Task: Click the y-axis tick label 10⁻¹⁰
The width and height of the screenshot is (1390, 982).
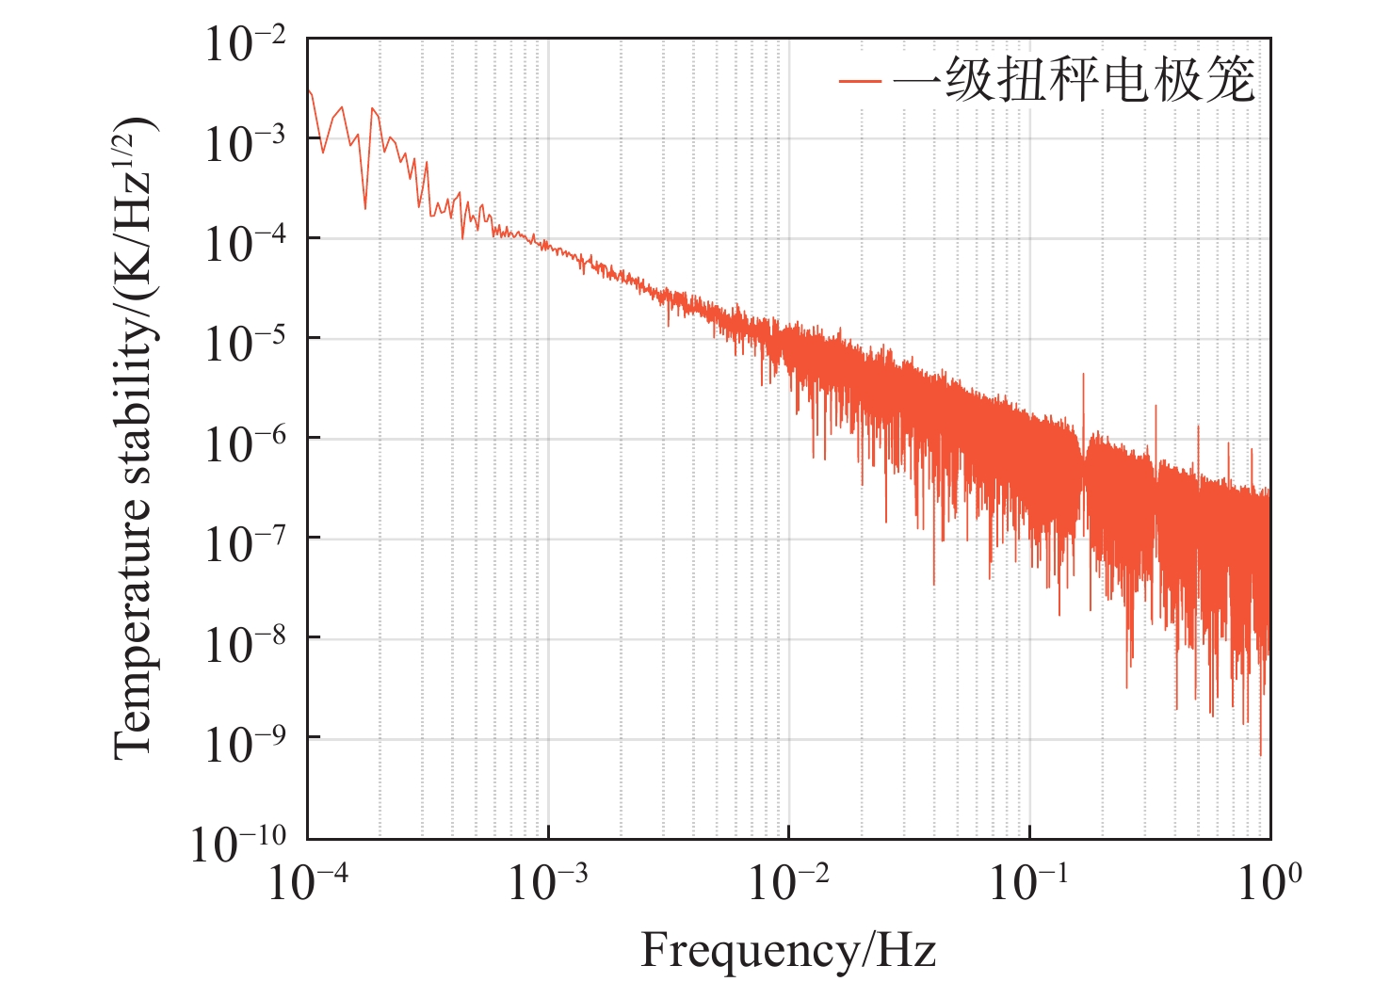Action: point(238,844)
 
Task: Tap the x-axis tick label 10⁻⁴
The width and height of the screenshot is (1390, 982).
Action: point(308,883)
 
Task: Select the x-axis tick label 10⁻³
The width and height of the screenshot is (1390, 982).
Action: point(548,883)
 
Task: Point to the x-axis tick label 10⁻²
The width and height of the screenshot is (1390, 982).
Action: point(789,883)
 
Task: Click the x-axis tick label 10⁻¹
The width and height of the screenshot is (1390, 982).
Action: point(1029,883)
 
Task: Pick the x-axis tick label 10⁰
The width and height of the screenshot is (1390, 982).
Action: point(1269,883)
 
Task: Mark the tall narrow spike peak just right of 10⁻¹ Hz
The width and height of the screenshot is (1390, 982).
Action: point(1083,375)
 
